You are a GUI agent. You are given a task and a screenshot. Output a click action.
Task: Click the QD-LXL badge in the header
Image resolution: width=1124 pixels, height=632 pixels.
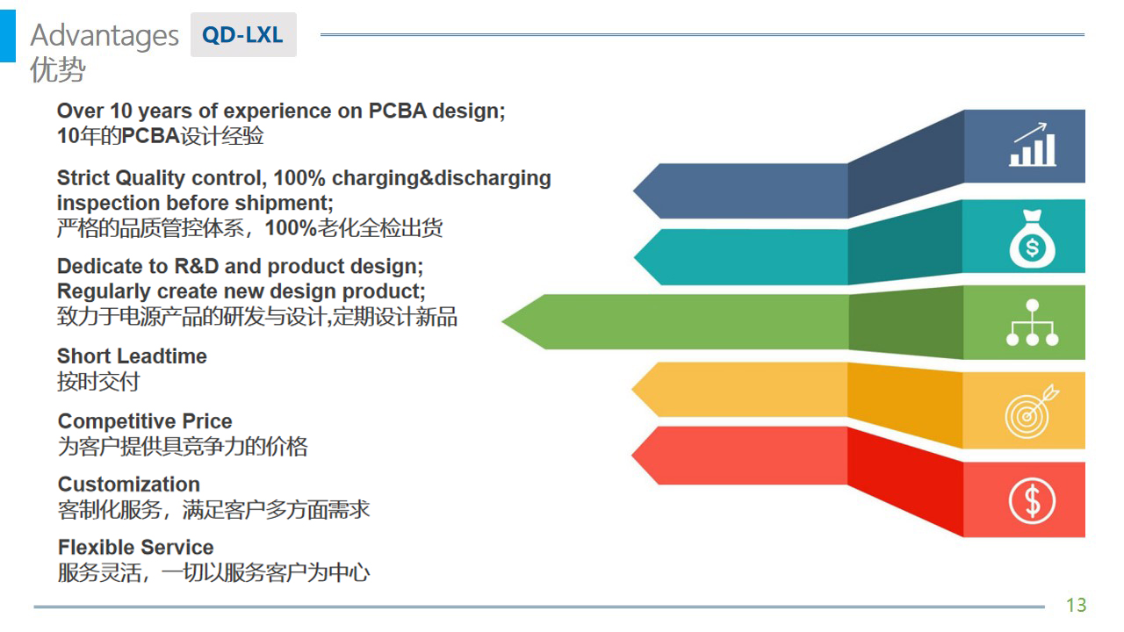[x=243, y=34]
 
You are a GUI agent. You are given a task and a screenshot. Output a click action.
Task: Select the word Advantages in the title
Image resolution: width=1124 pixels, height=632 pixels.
[x=104, y=36]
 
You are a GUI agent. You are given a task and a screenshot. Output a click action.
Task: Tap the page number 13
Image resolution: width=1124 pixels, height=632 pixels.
[x=1077, y=605]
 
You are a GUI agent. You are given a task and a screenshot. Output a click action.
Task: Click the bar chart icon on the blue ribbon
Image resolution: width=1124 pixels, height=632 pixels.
[x=1033, y=145]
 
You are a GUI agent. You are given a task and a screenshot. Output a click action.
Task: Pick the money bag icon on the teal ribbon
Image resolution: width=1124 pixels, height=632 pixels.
[x=1032, y=239]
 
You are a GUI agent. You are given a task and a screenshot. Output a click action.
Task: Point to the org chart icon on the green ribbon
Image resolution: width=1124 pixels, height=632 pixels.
[x=1032, y=322]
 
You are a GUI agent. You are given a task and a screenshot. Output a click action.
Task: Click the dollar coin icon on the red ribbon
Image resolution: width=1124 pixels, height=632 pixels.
[x=1032, y=500]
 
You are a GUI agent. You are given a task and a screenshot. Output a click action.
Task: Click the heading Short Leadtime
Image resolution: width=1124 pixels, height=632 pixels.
[x=132, y=356]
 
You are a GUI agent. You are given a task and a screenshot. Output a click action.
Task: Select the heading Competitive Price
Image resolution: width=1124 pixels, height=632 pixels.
[x=145, y=421]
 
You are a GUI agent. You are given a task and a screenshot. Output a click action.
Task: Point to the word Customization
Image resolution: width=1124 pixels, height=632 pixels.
[x=129, y=485]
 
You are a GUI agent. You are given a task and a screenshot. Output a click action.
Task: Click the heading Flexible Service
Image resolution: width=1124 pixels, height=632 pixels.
[x=136, y=547]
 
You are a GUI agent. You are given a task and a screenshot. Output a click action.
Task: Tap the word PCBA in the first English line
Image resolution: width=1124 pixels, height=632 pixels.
[x=398, y=111]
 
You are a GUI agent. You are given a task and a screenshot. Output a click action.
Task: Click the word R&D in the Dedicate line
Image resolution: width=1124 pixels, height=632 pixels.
[x=196, y=266]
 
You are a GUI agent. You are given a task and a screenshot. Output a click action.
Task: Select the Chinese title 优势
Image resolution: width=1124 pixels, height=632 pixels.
[x=58, y=69]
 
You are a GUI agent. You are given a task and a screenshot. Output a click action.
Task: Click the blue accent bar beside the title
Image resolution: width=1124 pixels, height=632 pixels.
[x=8, y=36]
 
